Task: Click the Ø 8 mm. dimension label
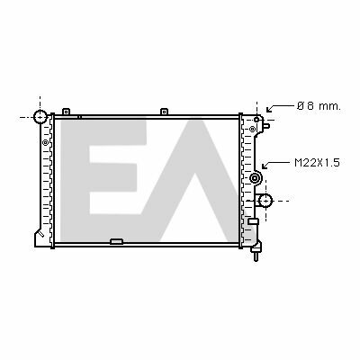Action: (319, 106)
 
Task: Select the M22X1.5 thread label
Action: (317, 163)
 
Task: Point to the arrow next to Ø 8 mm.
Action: (280, 108)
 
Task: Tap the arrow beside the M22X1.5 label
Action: (276, 165)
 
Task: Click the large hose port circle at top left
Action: (40, 117)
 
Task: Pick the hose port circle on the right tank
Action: (265, 201)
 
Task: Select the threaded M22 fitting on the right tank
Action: (256, 178)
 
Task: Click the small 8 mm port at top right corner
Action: (256, 120)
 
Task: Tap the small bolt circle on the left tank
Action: (45, 142)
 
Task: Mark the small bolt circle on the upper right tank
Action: (252, 130)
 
